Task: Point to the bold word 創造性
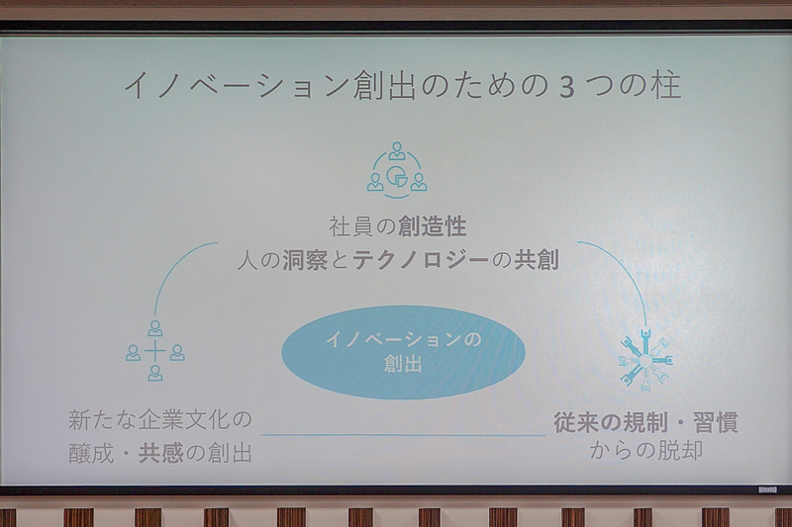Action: click(433, 226)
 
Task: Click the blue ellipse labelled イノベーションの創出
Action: click(401, 352)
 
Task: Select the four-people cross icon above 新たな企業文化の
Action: click(155, 351)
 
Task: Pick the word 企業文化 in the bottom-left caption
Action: click(187, 419)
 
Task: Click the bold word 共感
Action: click(159, 453)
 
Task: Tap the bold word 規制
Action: click(645, 422)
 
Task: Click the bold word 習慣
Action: click(715, 422)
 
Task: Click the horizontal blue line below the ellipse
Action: click(403, 435)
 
